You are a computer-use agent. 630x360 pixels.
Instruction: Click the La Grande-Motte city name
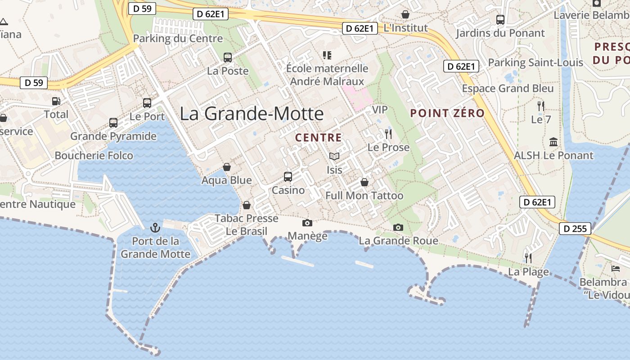252,113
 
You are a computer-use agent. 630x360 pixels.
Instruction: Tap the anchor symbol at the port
155,228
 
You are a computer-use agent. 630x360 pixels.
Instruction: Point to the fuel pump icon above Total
56,101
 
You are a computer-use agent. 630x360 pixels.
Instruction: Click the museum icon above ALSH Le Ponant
553,142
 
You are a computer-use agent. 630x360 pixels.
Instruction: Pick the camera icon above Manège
307,223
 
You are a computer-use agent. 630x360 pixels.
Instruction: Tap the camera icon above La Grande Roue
398,227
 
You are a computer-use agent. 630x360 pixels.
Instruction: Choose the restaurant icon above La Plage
528,258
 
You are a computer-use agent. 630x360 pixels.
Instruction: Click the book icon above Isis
334,157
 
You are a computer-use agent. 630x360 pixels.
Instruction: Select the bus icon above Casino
288,177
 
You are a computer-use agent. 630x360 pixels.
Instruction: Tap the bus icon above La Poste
228,58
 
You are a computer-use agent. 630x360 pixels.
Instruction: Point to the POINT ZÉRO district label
447,113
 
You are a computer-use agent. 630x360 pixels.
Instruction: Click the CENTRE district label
319,138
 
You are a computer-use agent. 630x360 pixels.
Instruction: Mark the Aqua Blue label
226,180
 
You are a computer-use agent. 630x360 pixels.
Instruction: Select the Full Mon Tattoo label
364,196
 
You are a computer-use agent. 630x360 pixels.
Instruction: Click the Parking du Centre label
178,39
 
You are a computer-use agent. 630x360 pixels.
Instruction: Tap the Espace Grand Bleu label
508,89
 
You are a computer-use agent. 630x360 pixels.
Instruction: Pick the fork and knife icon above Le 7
541,106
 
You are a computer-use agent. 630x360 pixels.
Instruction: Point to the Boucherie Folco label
94,156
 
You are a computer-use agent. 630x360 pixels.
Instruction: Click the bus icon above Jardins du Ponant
500,20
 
